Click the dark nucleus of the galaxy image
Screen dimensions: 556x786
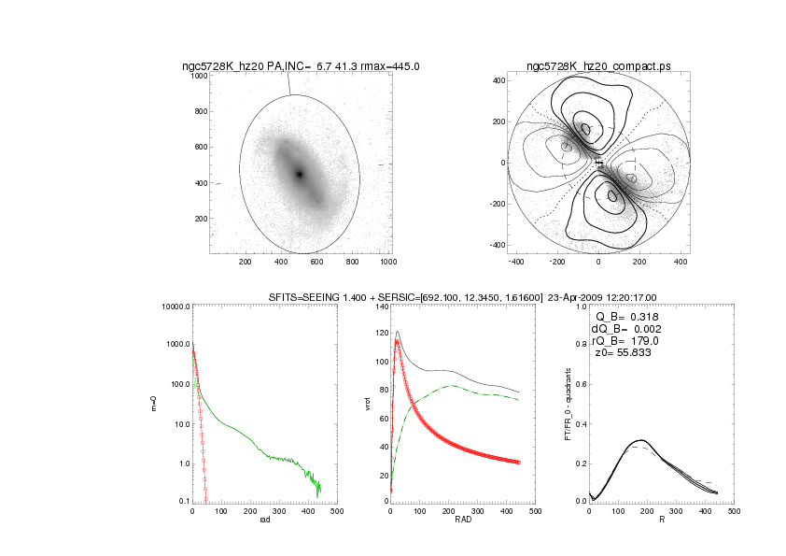click(300, 175)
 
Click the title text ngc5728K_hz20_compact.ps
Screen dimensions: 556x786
click(598, 66)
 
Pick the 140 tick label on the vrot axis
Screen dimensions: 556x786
click(379, 307)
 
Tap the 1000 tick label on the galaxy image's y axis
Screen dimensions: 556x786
click(199, 76)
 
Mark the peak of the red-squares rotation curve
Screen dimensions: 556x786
click(397, 341)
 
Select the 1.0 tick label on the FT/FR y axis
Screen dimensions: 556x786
click(580, 307)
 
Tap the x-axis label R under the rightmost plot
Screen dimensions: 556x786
click(661, 520)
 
